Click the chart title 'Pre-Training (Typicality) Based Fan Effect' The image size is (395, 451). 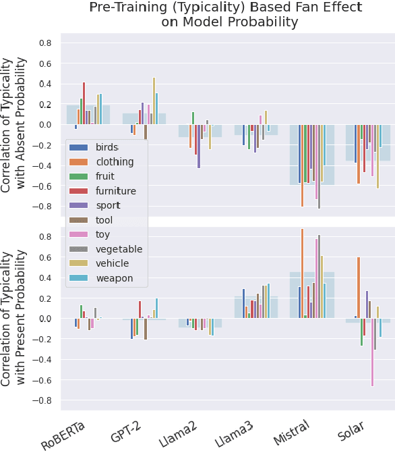225,7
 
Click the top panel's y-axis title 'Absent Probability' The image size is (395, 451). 21,125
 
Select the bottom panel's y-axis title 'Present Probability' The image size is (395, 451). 21,317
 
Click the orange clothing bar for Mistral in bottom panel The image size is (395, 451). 302,273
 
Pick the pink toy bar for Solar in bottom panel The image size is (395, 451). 372,352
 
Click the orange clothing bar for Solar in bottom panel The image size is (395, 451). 358,288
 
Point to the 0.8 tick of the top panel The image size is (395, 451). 45,43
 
